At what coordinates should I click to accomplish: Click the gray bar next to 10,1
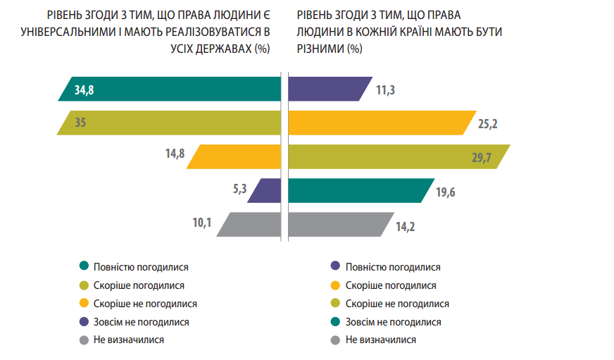pyautogui.click(x=250, y=224)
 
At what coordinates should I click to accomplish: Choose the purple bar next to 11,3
pyautogui.click(x=327, y=89)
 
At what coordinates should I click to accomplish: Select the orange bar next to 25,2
pyautogui.click(x=377, y=123)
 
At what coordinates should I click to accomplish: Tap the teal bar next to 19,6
pyautogui.click(x=359, y=190)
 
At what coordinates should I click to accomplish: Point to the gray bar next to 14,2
pyautogui.click(x=338, y=224)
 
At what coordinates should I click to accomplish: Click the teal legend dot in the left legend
pyautogui.click(x=84, y=267)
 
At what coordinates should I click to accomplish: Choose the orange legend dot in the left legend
pyautogui.click(x=84, y=304)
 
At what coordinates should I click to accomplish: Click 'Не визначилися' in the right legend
pyautogui.click(x=381, y=340)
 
